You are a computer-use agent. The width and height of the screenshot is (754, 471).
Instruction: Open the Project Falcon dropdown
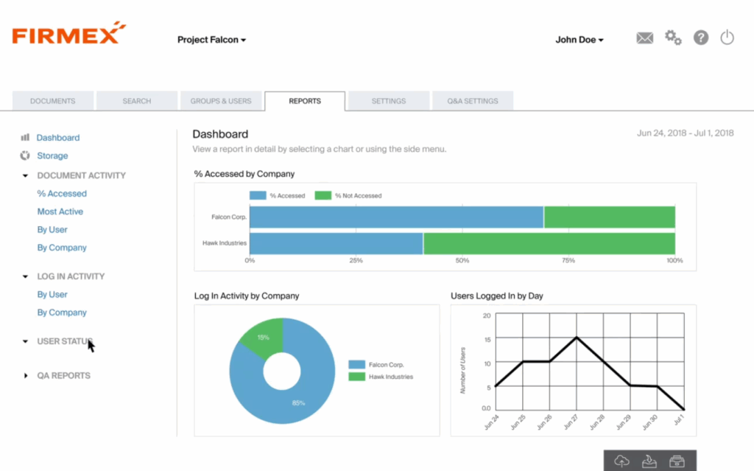(211, 40)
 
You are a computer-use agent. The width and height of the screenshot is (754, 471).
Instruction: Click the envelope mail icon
(644, 38)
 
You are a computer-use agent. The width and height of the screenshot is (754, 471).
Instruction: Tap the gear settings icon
(673, 38)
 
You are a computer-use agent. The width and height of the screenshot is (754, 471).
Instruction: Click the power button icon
(727, 38)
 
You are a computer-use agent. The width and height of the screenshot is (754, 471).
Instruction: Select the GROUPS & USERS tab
(220, 101)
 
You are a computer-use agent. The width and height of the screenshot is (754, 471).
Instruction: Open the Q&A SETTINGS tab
(472, 101)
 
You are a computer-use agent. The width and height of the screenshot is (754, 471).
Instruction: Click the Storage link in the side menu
(52, 156)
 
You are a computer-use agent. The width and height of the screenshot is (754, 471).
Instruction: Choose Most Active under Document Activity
(60, 212)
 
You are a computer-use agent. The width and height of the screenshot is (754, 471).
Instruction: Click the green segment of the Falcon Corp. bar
(609, 217)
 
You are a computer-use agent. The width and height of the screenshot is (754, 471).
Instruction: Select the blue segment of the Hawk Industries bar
(337, 243)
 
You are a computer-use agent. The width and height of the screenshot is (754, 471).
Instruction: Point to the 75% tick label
(568, 261)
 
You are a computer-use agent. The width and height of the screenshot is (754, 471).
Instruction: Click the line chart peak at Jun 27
(577, 338)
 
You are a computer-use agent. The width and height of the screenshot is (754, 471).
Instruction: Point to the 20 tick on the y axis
(486, 315)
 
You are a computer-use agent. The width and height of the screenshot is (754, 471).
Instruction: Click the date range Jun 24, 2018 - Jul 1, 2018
(685, 133)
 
